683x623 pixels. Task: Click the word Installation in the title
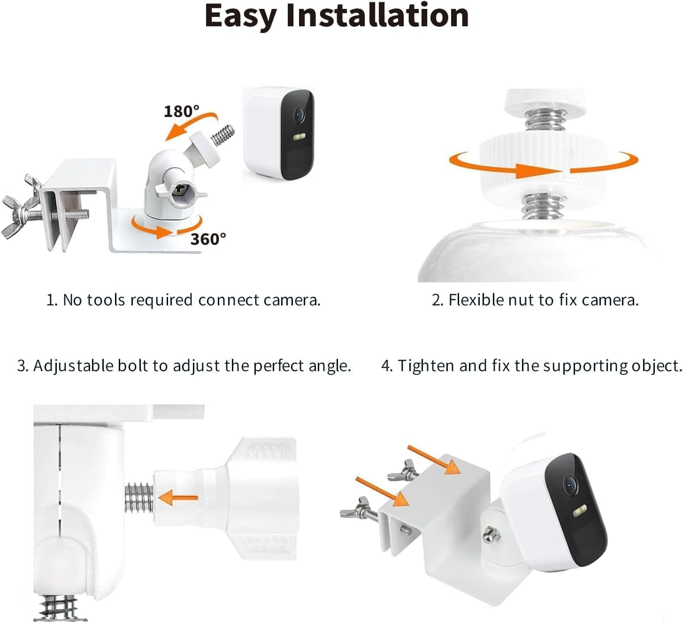pyautogui.click(x=377, y=16)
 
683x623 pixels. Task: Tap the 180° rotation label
pyautogui.click(x=181, y=111)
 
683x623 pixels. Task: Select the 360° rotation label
pyautogui.click(x=208, y=239)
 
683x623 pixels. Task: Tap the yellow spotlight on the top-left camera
pyautogui.click(x=299, y=137)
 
